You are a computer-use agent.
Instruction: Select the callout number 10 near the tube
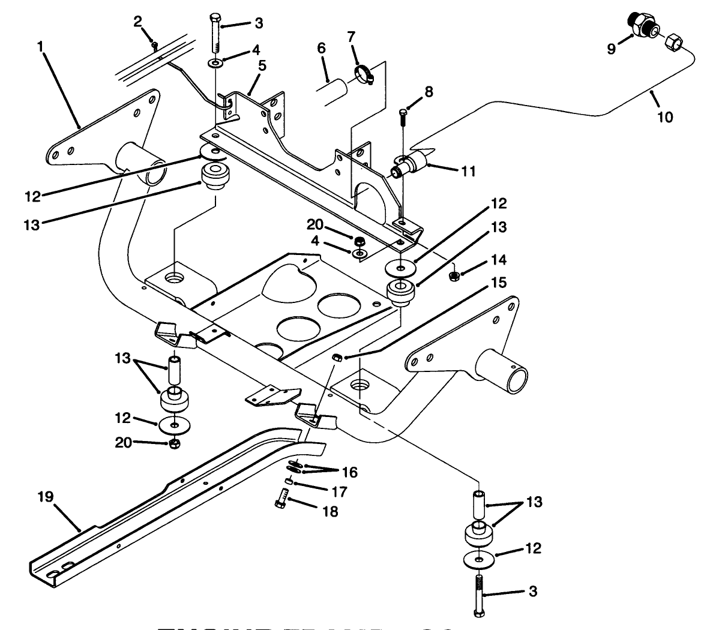664,116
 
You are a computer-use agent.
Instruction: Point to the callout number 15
499,282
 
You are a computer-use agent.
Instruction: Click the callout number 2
138,22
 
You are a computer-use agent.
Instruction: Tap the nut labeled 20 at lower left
173,444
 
